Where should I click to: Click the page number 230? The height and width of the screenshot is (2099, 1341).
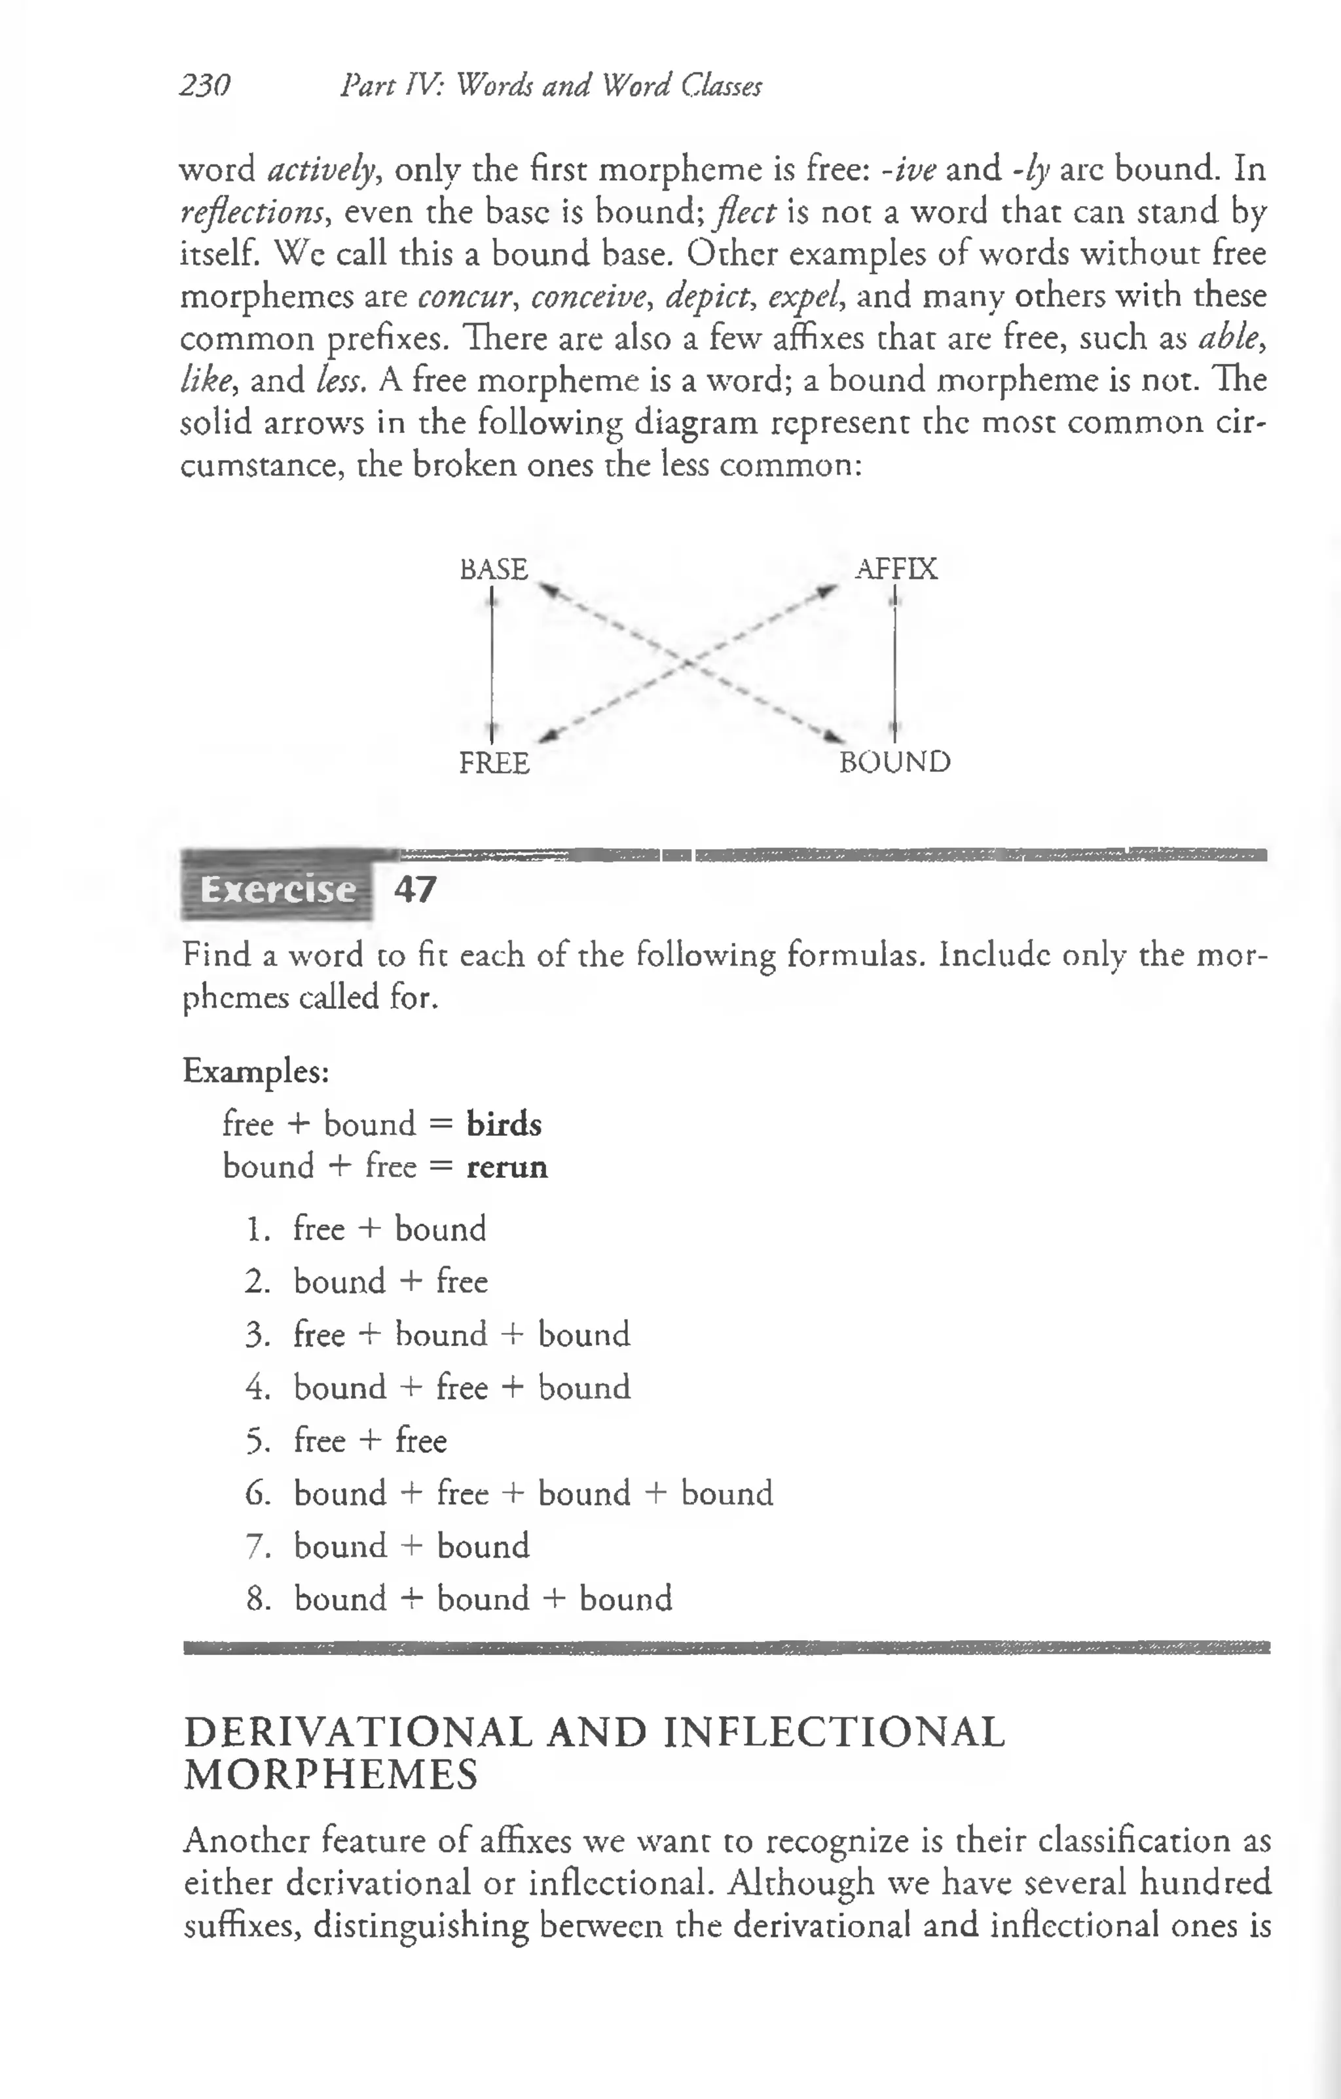[x=205, y=85]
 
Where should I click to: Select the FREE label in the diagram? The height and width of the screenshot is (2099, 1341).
[x=494, y=763]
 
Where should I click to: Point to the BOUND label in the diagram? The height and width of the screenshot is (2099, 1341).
[x=894, y=762]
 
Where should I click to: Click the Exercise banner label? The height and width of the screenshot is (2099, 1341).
[x=277, y=890]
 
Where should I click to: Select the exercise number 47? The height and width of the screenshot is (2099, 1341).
[x=414, y=890]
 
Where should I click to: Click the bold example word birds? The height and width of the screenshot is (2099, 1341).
[x=504, y=1125]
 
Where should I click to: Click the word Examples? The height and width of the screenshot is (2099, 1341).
[x=255, y=1070]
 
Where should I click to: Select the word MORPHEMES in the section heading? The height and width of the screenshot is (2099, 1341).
[x=331, y=1775]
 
